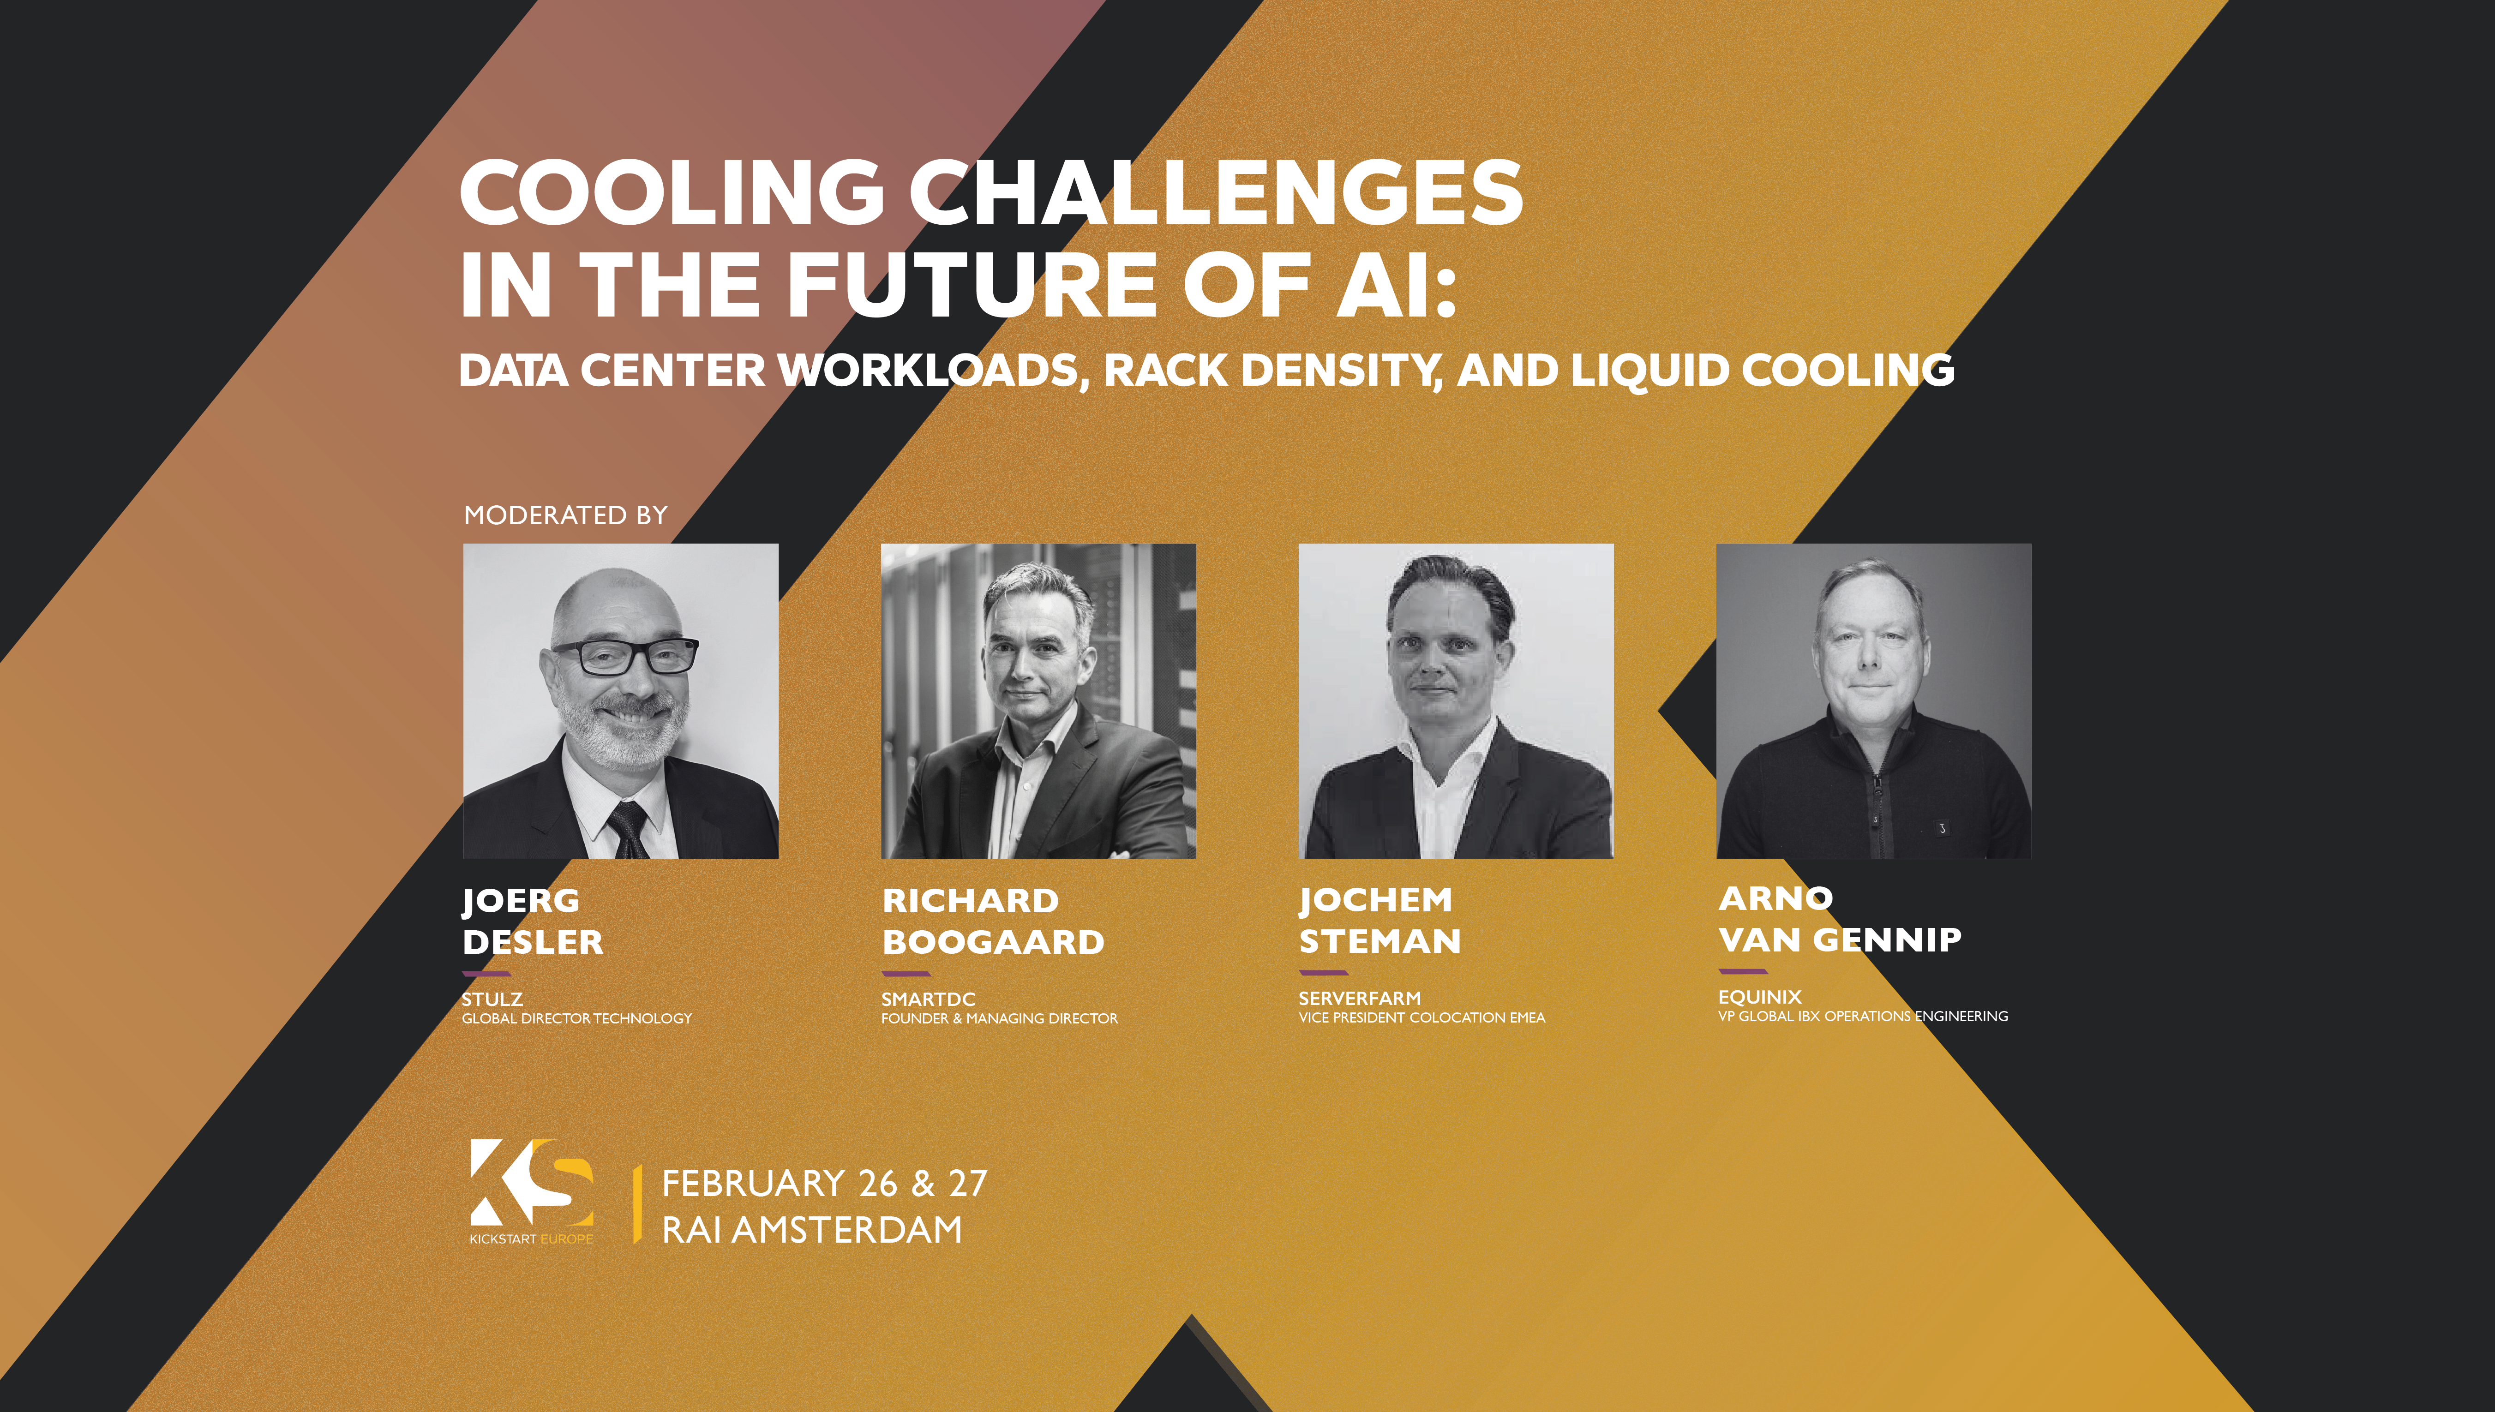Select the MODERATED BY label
coord(566,515)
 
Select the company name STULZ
coord(492,999)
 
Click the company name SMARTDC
coord(928,999)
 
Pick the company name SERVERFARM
coord(1360,998)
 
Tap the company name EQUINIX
coord(1759,997)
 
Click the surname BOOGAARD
coord(993,942)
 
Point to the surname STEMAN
coord(1380,941)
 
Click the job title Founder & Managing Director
coord(999,1018)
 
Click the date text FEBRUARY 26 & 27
coord(824,1183)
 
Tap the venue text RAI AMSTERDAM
coord(812,1230)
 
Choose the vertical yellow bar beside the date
coord(637,1204)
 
